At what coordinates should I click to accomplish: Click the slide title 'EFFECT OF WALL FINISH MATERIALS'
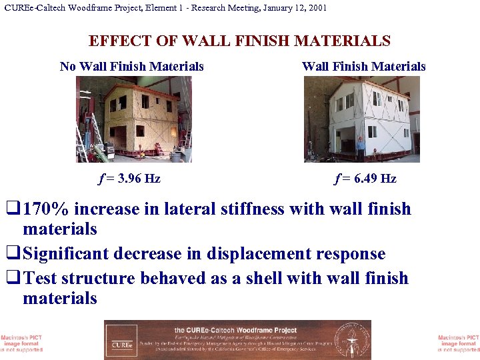pos(239,41)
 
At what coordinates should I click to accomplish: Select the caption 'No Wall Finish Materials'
pos(131,66)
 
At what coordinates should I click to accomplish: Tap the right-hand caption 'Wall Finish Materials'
pos(363,66)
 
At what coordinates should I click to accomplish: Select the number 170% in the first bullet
pos(47,209)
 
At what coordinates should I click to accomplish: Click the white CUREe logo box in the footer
pos(121,340)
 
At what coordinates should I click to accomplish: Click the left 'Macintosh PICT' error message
pos(21,343)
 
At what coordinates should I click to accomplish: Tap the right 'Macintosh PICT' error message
pos(459,343)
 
